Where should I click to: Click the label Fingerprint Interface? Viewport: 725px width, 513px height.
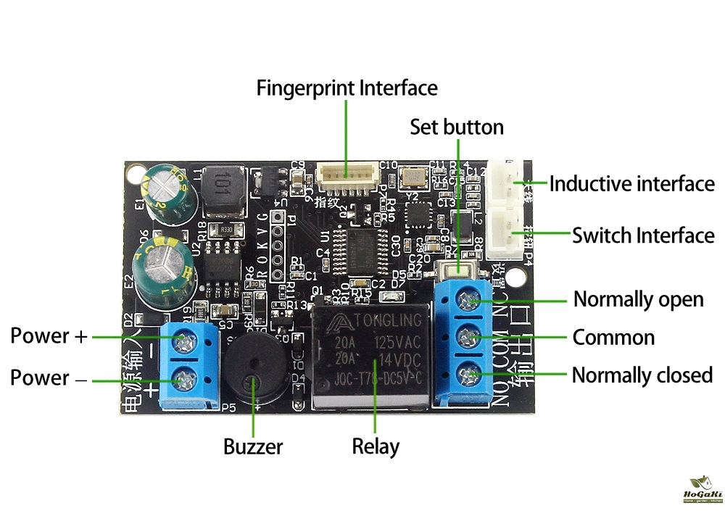(x=347, y=88)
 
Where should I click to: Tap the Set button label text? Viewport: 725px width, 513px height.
(x=456, y=127)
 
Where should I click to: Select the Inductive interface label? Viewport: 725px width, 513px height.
(x=631, y=184)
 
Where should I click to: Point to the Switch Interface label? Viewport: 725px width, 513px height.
(x=643, y=235)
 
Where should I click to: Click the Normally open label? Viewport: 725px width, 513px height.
(x=638, y=299)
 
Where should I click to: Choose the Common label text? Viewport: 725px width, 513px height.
(x=613, y=338)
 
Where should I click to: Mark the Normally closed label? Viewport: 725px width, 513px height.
(x=642, y=375)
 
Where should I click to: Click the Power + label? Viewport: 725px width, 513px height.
(x=49, y=336)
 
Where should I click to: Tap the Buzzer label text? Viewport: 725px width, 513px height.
(x=253, y=446)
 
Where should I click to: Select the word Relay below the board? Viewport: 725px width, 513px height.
(x=375, y=446)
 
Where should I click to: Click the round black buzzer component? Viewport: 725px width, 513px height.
(x=254, y=370)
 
